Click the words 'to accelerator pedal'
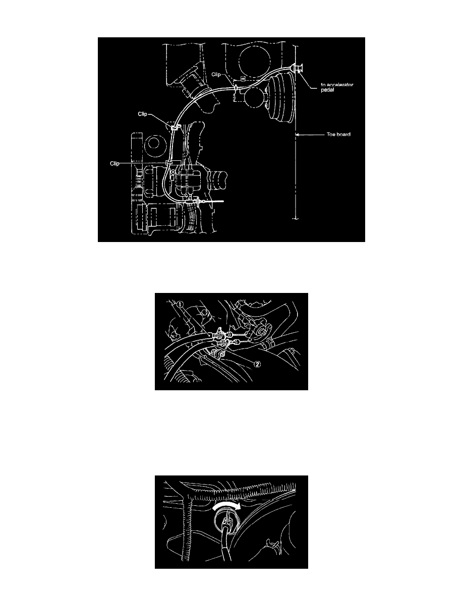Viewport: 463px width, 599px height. pos(336,87)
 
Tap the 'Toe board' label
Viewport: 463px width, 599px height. pos(338,135)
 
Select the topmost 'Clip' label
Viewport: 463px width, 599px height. pos(216,75)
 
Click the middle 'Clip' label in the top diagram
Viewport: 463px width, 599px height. pos(143,114)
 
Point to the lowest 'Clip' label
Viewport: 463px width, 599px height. pos(114,163)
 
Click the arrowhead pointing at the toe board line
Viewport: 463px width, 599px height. pos(299,135)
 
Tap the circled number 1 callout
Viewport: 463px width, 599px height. pos(181,304)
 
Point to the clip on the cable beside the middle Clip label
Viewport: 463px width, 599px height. pos(175,127)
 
